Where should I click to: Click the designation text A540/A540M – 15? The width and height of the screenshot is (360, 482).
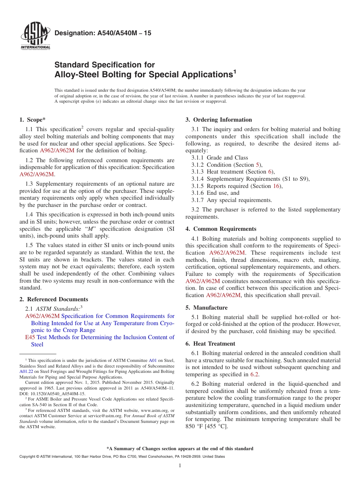click(103, 33)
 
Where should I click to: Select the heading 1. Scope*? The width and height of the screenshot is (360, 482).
click(33, 120)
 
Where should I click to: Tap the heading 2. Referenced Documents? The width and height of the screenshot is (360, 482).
click(54, 299)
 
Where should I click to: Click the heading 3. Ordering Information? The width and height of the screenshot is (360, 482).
click(219, 120)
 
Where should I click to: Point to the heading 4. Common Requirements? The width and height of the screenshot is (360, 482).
click(221, 229)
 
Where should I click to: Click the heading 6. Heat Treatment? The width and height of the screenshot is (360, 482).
click(210, 344)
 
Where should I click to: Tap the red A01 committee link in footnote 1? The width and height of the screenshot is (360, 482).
click(152, 361)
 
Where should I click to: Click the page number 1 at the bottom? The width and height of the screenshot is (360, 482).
click(180, 466)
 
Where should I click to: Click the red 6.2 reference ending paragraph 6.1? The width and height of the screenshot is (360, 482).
click(254, 374)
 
